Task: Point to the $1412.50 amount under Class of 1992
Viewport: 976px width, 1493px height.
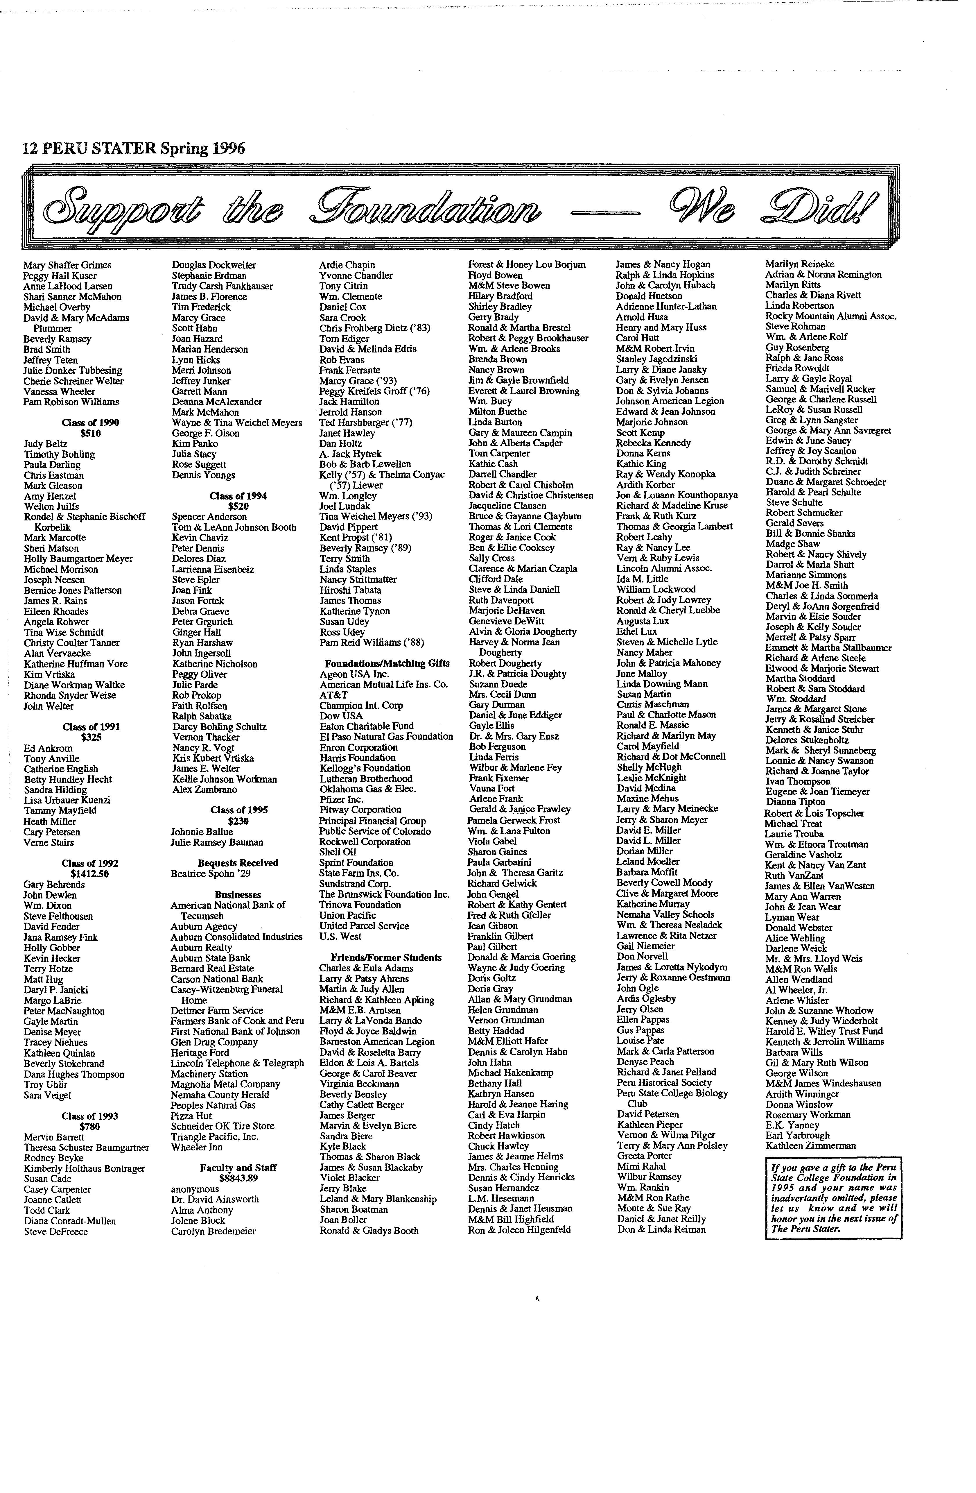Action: [x=90, y=874]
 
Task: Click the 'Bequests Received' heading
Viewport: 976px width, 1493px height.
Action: [x=238, y=863]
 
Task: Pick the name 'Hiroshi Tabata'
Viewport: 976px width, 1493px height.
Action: [x=350, y=590]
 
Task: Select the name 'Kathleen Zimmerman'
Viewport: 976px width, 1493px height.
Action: [x=810, y=1145]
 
